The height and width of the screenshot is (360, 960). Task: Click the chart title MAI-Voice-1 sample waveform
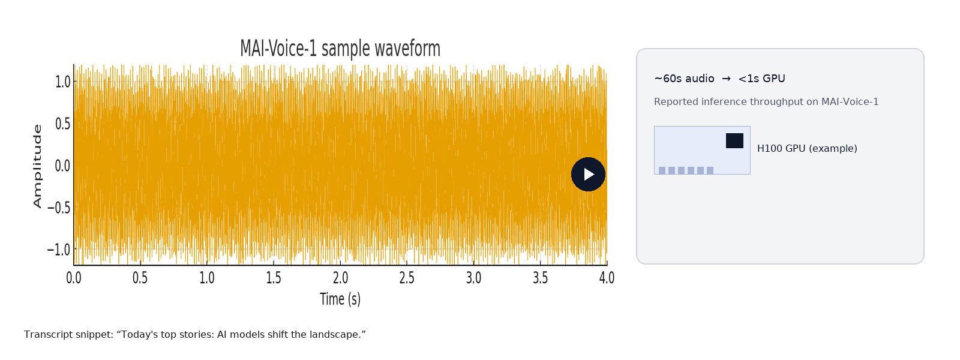click(340, 49)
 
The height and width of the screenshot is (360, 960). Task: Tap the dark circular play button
click(588, 174)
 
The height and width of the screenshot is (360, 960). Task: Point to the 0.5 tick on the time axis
click(140, 278)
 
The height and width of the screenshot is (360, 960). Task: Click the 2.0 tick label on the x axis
click(340, 278)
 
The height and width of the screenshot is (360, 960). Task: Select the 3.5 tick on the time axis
click(541, 278)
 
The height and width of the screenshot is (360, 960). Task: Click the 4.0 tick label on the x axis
click(607, 278)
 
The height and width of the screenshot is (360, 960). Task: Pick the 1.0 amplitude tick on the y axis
click(62, 82)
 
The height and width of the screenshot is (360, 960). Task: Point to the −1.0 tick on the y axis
click(59, 250)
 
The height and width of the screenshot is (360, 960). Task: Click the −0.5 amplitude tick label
click(59, 208)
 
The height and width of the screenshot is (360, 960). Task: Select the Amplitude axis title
click(38, 166)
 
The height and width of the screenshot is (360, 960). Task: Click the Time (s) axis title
click(340, 299)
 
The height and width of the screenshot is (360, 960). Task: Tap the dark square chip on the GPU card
click(734, 140)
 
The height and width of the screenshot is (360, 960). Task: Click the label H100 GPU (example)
click(807, 148)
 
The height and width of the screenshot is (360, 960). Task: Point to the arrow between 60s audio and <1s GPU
click(726, 79)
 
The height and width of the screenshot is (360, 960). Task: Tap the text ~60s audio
click(684, 79)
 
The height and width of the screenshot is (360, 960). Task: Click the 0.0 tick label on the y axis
click(62, 166)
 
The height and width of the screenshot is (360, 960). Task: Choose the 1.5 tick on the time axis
click(274, 278)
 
